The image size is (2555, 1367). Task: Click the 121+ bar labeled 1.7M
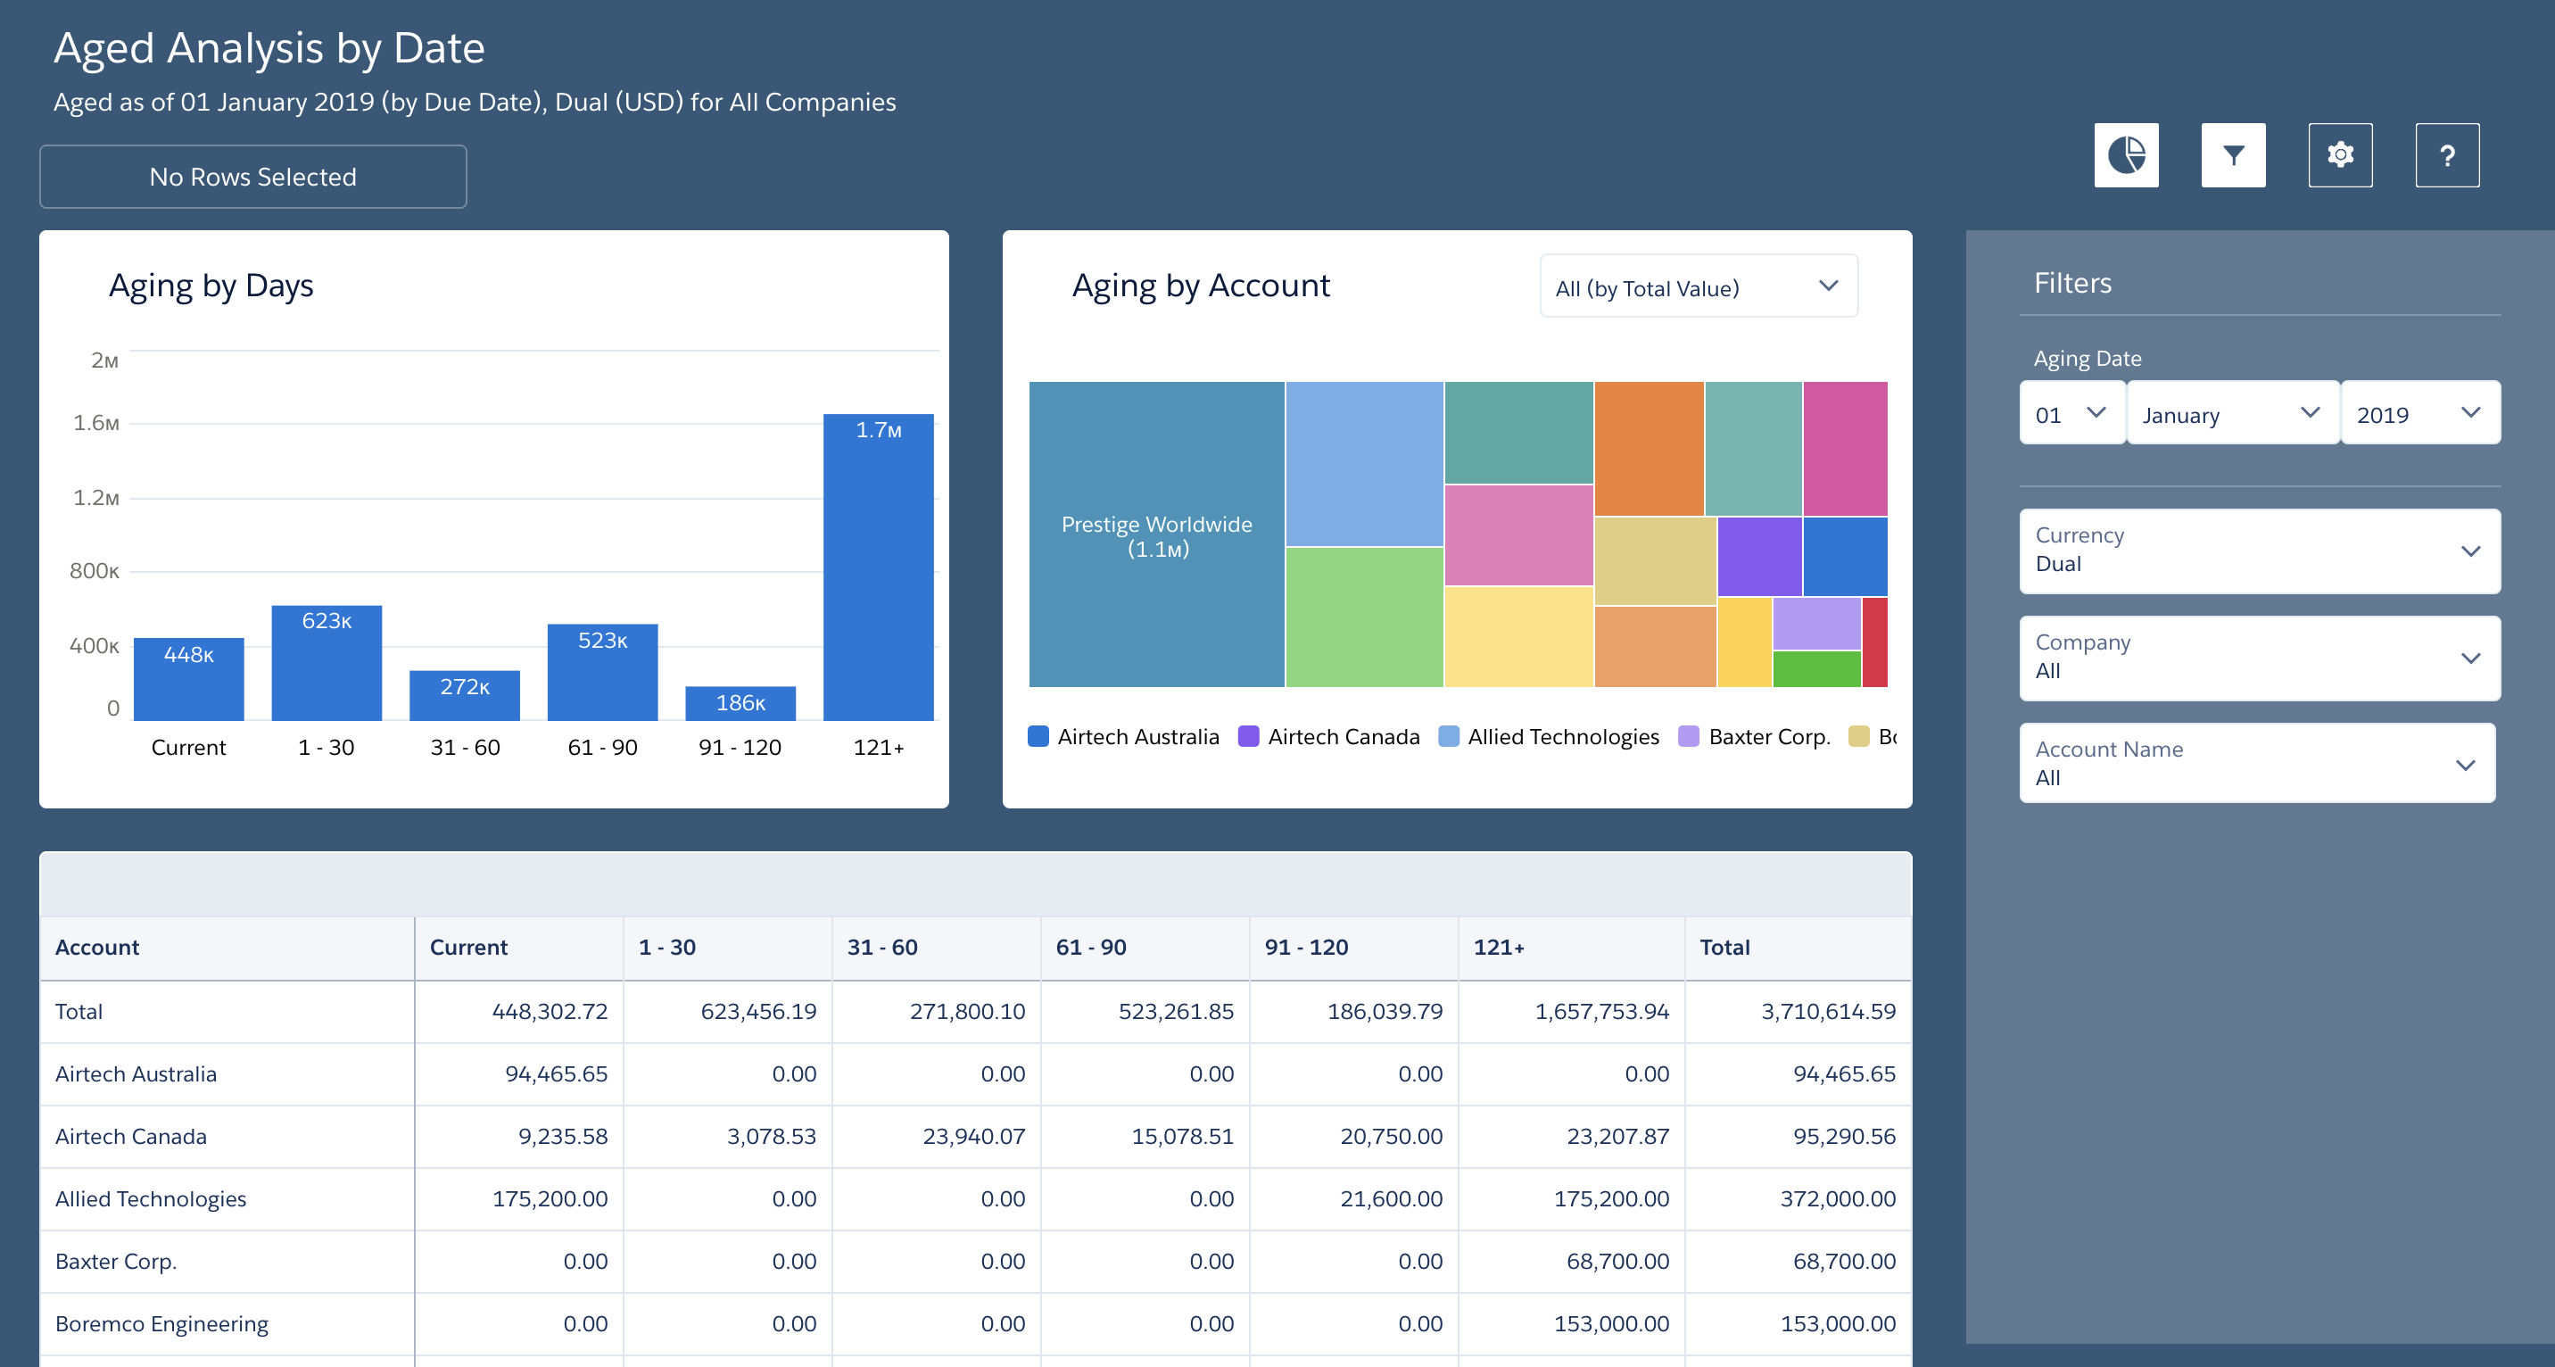pos(878,567)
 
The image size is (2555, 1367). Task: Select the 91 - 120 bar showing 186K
pos(740,703)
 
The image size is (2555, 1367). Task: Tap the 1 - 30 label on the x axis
pos(327,747)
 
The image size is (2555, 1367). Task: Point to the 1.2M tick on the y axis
pos(95,497)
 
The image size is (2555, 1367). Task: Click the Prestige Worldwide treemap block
pos(1156,534)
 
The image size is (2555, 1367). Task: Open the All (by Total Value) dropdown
pos(1698,287)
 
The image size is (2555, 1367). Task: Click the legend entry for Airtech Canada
pos(1330,736)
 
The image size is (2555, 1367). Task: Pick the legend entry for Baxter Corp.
pos(1755,736)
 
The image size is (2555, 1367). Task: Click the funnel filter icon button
pos(2233,154)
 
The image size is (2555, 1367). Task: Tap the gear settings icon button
pos(2340,154)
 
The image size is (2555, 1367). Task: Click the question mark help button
pos(2447,154)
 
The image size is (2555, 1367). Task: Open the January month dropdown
pos(2232,414)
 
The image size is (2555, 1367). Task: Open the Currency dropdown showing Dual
pos(2259,551)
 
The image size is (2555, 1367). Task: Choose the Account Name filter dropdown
pos(2256,763)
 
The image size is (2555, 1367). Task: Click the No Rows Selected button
pos(253,177)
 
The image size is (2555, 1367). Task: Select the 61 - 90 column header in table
pos(1091,947)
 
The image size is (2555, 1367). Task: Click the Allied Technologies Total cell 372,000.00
pos(1837,1198)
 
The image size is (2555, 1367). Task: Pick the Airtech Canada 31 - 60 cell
pos(973,1136)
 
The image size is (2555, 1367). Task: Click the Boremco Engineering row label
pos(161,1323)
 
